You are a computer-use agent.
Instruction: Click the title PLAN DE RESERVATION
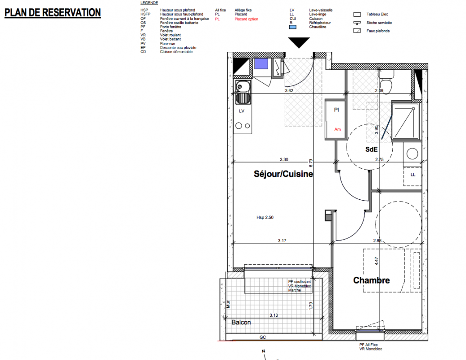coord(53,13)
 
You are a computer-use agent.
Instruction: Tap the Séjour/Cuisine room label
coord(283,174)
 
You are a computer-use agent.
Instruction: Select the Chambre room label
coord(371,280)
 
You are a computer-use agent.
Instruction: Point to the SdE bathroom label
coord(371,149)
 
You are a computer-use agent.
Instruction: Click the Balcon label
coord(241,322)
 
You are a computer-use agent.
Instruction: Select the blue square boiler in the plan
coord(261,64)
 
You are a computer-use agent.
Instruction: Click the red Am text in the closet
coord(337,129)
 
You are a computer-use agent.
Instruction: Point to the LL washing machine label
coord(413,175)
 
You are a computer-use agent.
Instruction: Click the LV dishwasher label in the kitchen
coord(241,111)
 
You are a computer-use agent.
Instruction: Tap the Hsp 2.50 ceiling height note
coord(265,217)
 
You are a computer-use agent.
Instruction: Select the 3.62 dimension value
coord(289,90)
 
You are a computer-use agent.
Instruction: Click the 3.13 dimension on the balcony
coord(274,315)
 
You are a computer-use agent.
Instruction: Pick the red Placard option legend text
coord(246,19)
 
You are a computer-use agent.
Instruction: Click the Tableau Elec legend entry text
coord(377,14)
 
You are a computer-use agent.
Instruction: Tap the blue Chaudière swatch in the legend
coord(293,27)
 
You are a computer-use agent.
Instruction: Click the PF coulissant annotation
coord(299,282)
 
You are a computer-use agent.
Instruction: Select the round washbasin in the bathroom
coord(412,154)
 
